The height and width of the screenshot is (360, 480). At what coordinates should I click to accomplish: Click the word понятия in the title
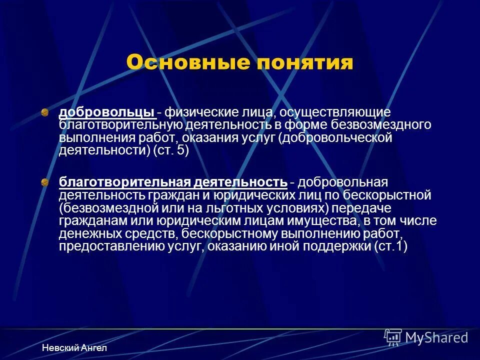[x=303, y=63]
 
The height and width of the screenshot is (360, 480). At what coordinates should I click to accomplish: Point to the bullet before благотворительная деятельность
[x=45, y=182]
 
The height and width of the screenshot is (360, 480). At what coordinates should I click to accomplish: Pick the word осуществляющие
[x=320, y=113]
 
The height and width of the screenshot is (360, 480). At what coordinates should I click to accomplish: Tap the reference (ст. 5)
[x=170, y=150]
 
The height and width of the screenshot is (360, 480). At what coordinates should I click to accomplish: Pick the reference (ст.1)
[x=390, y=246]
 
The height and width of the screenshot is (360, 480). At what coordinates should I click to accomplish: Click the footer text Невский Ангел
[x=74, y=347]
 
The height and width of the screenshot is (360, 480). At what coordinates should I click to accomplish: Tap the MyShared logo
[x=426, y=337]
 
